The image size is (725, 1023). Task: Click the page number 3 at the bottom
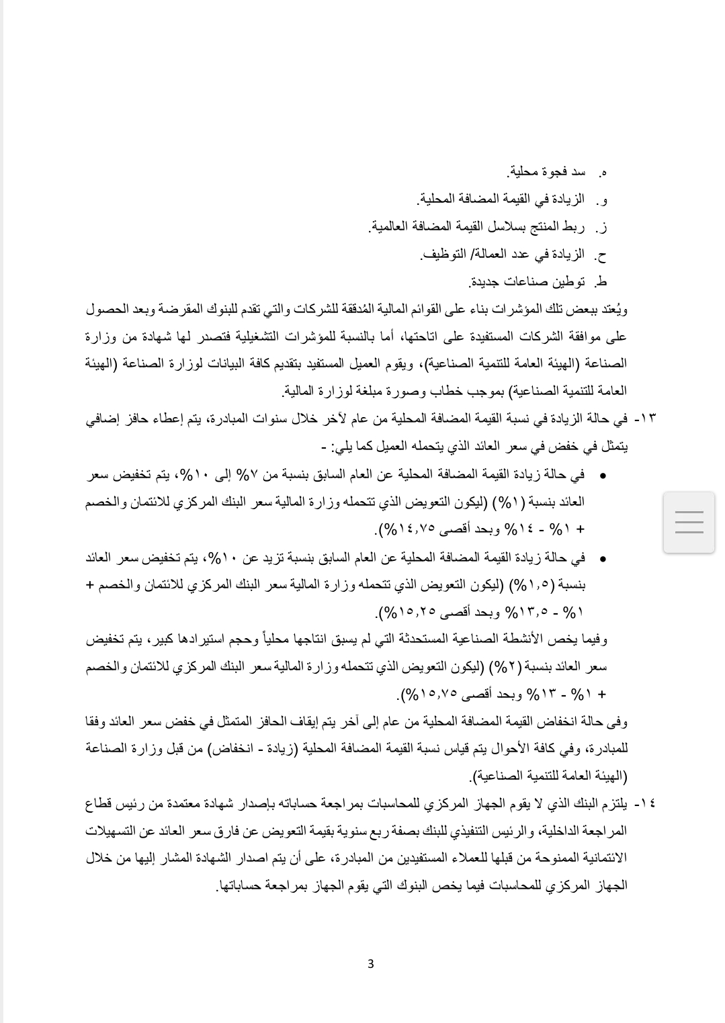370,964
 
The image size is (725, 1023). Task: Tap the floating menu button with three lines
689,522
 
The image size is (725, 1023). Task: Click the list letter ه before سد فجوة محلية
603,173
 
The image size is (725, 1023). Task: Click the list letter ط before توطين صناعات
602,282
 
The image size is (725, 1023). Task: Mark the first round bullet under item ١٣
603,475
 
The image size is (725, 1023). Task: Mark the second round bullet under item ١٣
603,558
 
